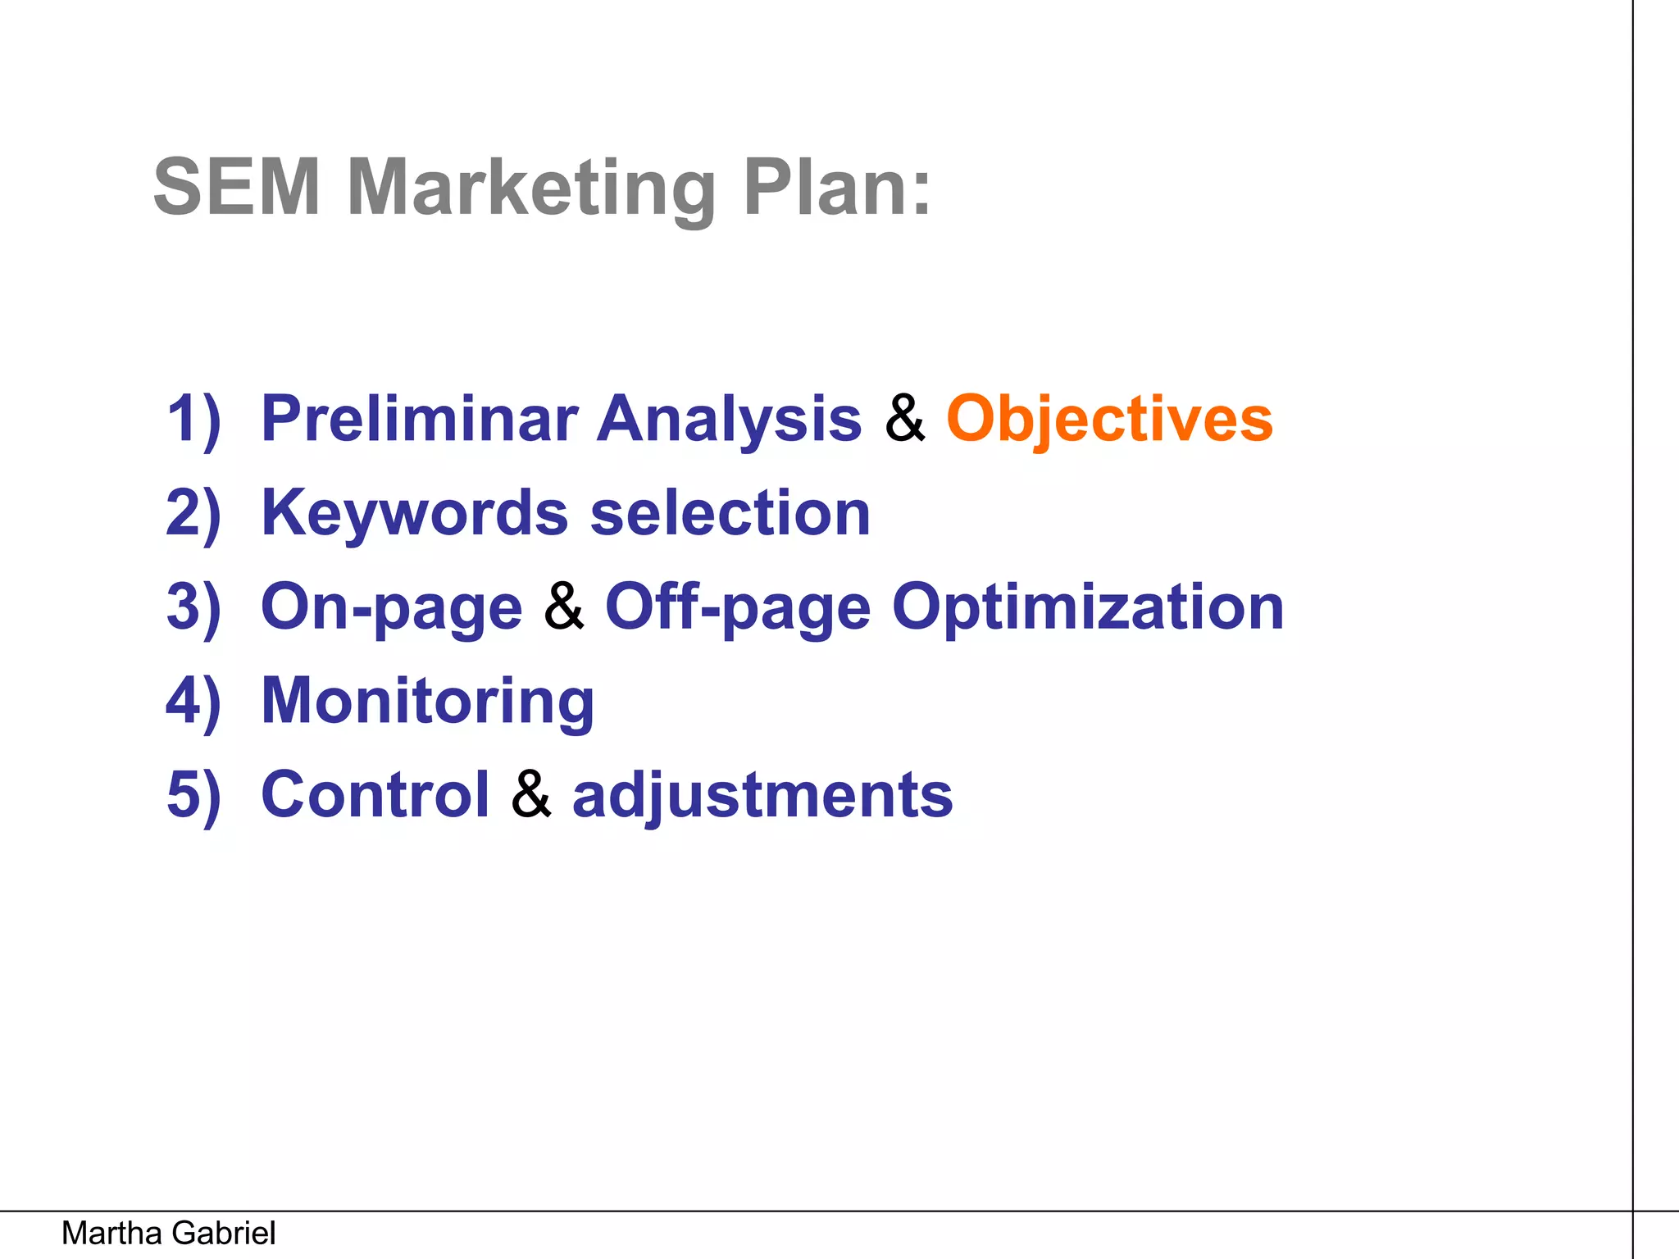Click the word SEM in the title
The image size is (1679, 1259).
[236, 188]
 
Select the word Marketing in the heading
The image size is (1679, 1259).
[531, 189]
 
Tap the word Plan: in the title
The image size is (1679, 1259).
[837, 188]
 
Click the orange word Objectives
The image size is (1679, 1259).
[1109, 419]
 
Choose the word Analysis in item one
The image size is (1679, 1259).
[729, 420]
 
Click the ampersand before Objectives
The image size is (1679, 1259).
[904, 419]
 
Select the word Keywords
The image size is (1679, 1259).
[414, 513]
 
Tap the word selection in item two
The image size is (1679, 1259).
[730, 513]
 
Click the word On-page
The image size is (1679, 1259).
[391, 608]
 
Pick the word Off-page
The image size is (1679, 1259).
[737, 608]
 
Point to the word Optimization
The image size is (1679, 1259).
[1087, 608]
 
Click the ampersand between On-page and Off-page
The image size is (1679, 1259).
[564, 607]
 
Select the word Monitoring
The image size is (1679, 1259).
[427, 702]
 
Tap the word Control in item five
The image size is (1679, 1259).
[375, 795]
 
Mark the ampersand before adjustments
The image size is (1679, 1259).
[531, 794]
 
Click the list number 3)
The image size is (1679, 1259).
[193, 608]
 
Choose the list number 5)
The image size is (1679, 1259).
[193, 796]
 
